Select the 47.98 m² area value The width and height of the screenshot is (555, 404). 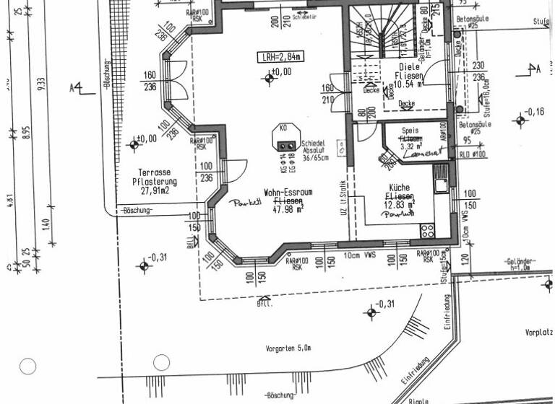coord(288,210)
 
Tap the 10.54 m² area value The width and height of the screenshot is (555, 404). coord(409,84)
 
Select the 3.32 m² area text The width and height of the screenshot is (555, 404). coord(412,146)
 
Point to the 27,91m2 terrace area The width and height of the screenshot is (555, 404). coord(157,192)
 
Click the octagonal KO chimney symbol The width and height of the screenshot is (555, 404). coord(283,138)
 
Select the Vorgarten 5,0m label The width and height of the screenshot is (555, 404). coord(288,348)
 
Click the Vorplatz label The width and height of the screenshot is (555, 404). coord(539,333)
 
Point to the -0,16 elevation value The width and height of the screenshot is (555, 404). coord(535,112)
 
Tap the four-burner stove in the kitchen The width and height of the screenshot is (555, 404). coord(427,231)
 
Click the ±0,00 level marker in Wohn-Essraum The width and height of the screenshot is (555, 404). coord(278,72)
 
